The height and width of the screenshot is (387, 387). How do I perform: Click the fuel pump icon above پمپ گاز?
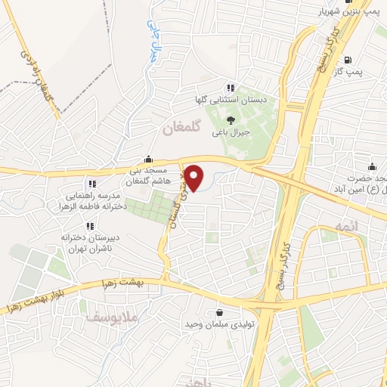click(x=347, y=60)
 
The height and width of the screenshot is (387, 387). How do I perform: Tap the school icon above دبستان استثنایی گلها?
click(x=230, y=88)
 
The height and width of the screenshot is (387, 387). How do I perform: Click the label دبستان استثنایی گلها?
click(x=231, y=100)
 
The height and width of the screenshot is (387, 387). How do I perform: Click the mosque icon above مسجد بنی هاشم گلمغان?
click(x=148, y=159)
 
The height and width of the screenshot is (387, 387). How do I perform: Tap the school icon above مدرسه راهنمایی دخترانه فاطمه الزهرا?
click(x=92, y=184)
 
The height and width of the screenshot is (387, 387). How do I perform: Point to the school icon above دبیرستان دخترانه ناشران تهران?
click(x=90, y=226)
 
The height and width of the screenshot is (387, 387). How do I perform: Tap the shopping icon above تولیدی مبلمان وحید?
click(x=219, y=312)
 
